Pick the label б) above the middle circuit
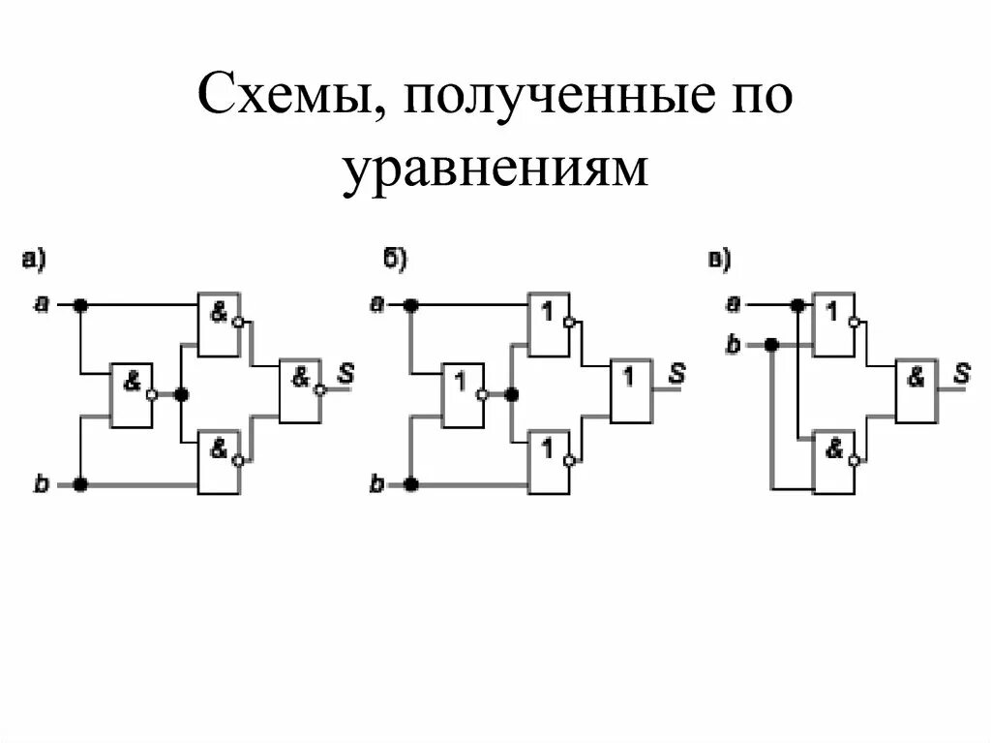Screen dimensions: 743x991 [x=395, y=258]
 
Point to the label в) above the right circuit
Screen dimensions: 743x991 [x=720, y=258]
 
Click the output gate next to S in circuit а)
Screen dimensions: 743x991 [x=300, y=390]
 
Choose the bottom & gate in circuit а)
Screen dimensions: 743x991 [x=219, y=463]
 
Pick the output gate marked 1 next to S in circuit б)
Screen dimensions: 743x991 [x=630, y=390]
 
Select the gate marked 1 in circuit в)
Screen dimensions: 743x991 [x=832, y=324]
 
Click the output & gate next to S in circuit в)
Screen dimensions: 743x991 [x=916, y=390]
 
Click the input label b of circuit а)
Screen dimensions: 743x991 [x=42, y=483]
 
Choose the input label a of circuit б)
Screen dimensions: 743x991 [x=375, y=305]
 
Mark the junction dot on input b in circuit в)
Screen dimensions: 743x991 [x=771, y=344]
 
